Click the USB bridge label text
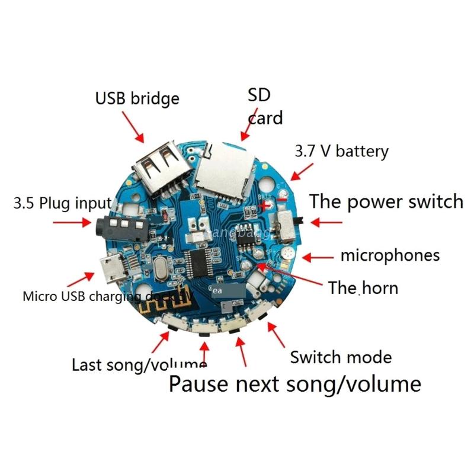point(137,98)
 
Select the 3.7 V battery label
point(341,151)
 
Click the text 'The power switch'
point(386,201)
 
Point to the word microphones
point(390,255)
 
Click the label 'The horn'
point(363,289)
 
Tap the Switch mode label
point(341,357)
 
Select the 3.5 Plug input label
point(62,204)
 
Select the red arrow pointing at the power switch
point(324,222)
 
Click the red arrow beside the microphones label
point(318,257)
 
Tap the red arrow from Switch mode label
point(276,334)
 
